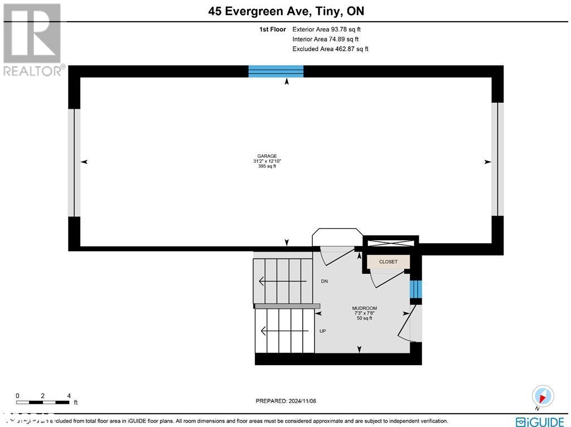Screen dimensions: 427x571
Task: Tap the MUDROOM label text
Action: click(x=364, y=308)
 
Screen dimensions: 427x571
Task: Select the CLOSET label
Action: click(x=388, y=261)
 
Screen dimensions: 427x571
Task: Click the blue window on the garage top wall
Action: click(x=276, y=71)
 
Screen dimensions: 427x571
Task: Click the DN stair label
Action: click(x=324, y=282)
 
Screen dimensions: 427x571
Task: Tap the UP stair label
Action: click(x=322, y=331)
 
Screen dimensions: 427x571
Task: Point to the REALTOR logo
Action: click(x=32, y=39)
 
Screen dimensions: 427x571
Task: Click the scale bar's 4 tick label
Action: click(x=69, y=395)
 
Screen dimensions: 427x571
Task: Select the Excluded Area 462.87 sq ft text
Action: click(x=330, y=49)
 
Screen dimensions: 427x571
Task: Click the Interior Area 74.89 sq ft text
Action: click(x=326, y=39)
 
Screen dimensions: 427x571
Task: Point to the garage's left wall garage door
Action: click(x=74, y=162)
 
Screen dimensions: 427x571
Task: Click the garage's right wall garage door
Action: click(x=497, y=159)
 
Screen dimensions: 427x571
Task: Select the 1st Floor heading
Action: click(x=272, y=30)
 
